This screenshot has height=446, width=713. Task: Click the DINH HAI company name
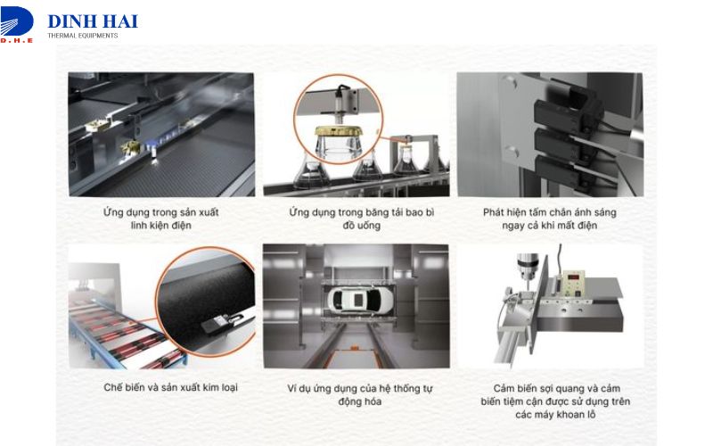pos(92,21)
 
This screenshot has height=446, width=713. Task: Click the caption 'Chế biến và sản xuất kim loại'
pos(169,388)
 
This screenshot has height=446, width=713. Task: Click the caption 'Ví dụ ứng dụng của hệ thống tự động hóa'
pos(356,394)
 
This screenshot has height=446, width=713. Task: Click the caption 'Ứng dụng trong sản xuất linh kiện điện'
pos(161,219)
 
